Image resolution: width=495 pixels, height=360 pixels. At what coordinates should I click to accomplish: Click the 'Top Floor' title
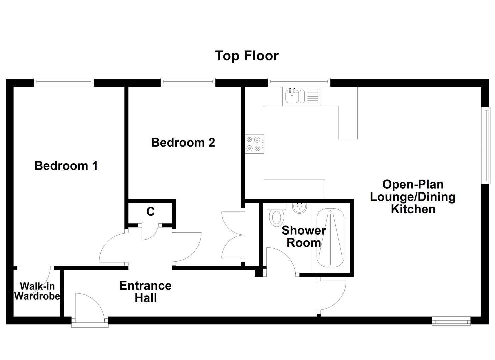point(247,56)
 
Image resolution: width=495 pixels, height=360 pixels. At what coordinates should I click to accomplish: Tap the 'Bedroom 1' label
point(66,166)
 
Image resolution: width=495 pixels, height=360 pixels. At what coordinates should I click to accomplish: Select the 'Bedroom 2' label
point(183,142)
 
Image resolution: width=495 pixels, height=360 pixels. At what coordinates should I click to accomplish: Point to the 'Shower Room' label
point(303,236)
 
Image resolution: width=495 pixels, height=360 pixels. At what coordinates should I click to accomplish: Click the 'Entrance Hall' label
point(145,292)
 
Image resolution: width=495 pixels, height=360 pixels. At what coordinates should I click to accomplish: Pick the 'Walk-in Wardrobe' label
point(37,291)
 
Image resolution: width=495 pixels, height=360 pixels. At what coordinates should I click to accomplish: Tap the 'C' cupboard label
point(150,211)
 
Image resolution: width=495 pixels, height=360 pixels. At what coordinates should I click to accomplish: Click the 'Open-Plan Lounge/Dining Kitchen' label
point(413,197)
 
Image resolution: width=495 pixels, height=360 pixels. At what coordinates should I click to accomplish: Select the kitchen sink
point(293,96)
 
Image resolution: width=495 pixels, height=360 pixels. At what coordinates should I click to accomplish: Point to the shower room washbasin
point(299,208)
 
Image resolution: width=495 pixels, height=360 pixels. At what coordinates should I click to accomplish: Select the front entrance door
point(90,308)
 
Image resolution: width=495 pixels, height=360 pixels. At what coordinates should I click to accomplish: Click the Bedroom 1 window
point(64,82)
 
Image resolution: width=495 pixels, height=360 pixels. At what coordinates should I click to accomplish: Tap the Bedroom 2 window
point(188,82)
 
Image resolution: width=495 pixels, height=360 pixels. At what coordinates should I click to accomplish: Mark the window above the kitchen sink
point(299,82)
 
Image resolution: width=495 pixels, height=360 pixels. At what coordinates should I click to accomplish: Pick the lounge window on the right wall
point(487,145)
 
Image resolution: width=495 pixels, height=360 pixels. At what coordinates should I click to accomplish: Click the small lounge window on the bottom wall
point(451,321)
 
